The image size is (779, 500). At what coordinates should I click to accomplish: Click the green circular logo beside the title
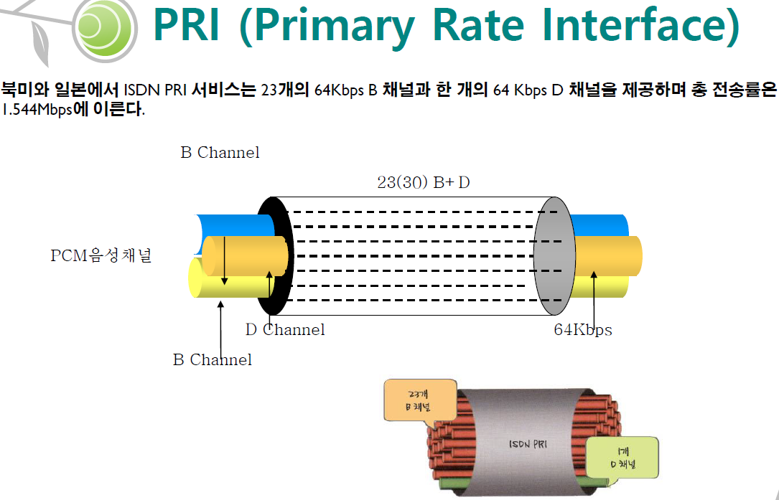pos(106,27)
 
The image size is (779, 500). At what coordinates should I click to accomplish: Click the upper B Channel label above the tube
pos(220,153)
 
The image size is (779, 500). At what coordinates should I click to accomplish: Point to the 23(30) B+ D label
pos(424,182)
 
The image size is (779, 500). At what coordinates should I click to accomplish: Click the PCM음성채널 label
pos(101,256)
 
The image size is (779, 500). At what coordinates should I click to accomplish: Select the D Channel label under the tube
pos(285,329)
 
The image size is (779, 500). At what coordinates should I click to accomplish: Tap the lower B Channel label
pos(213,359)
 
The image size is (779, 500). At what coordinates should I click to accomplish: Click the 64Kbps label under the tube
pos(583,329)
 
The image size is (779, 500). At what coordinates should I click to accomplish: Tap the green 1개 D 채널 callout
pos(622,458)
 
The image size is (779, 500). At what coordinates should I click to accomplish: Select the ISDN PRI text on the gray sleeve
pos(530,444)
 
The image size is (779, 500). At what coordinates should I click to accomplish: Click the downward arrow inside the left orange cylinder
pos(225,260)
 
